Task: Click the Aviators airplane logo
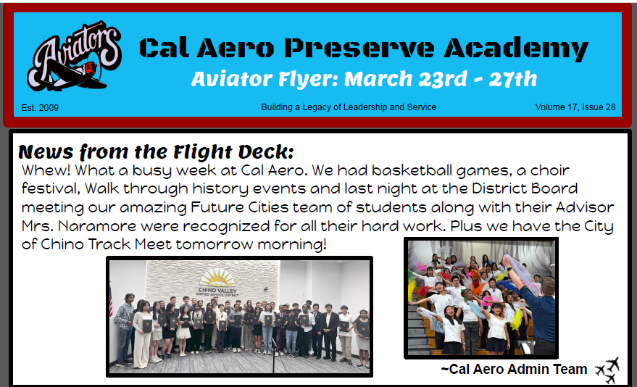pos(74,56)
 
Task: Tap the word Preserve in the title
pos(359,48)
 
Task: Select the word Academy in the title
pos(516,49)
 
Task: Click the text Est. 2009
pos(40,107)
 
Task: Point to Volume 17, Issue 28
pos(575,107)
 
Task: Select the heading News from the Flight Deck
pos(156,152)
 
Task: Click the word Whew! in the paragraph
pos(46,170)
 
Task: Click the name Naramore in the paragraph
pos(98,226)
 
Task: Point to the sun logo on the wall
pos(217,278)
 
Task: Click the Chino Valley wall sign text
pos(217,291)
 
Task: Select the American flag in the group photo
pos(111,300)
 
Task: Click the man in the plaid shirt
pos(125,328)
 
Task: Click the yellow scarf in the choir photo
pos(517,319)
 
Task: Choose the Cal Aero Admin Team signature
pos(514,369)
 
